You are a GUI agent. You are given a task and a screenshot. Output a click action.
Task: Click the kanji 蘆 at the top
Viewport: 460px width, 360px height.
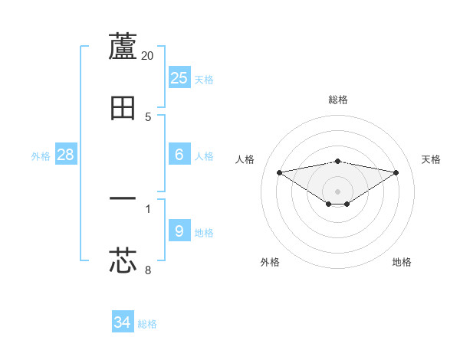tap(123, 47)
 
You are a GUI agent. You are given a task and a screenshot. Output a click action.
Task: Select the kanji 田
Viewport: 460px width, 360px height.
tap(123, 108)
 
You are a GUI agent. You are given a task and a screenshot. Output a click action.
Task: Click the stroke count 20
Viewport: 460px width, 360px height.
tap(148, 56)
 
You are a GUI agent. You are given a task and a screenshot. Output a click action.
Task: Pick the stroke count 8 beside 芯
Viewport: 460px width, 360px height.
tap(148, 270)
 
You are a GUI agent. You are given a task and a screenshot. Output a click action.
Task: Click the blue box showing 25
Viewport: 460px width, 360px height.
tap(179, 77)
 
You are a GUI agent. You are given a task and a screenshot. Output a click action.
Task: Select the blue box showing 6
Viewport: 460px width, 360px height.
tap(179, 154)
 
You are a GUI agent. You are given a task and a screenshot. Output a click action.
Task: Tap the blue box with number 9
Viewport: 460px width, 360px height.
tap(179, 231)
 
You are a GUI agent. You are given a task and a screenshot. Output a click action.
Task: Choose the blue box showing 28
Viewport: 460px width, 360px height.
tap(66, 154)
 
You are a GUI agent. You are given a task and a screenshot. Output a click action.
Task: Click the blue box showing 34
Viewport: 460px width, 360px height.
tap(123, 322)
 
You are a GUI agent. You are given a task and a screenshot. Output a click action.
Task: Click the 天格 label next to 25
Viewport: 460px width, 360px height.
tap(204, 80)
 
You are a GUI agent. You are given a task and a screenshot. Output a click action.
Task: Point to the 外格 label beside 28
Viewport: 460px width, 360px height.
tap(41, 156)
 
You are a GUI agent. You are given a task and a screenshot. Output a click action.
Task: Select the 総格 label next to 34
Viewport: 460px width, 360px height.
tap(147, 325)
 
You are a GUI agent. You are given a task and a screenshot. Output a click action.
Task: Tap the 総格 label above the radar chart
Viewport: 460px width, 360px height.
tap(338, 100)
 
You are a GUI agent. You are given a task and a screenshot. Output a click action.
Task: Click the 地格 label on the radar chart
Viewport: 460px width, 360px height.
tap(402, 262)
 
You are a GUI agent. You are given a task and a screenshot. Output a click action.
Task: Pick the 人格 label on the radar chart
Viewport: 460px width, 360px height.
tap(245, 159)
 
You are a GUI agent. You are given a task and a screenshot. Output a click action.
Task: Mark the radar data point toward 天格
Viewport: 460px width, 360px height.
tap(396, 172)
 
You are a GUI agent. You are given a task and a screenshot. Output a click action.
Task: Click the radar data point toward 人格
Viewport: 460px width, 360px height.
tap(279, 172)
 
